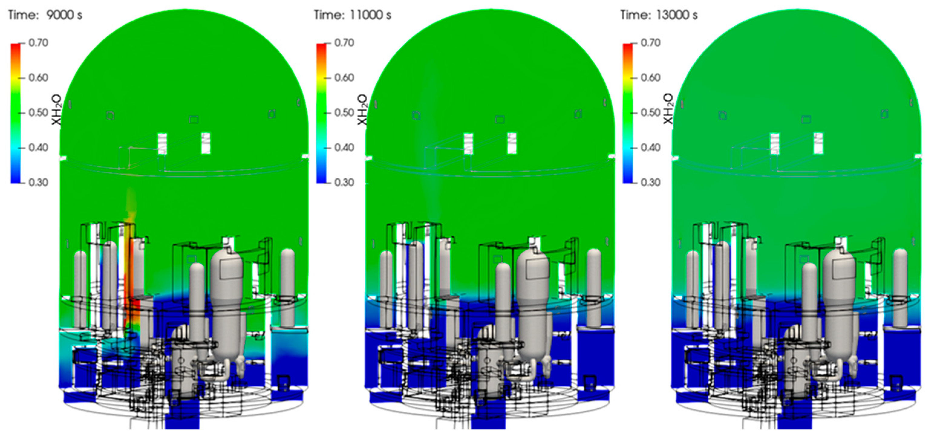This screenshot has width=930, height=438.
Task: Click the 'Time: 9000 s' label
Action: coord(45,15)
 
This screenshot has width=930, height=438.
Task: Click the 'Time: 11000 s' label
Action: coord(352,15)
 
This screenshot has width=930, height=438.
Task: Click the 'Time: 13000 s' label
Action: coord(659,15)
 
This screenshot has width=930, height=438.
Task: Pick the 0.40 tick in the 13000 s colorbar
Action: coord(651,148)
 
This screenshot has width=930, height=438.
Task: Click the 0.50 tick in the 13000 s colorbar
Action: coord(651,112)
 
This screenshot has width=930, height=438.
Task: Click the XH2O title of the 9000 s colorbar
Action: coord(56,110)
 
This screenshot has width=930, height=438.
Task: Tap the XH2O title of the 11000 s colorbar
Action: coord(362,110)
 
